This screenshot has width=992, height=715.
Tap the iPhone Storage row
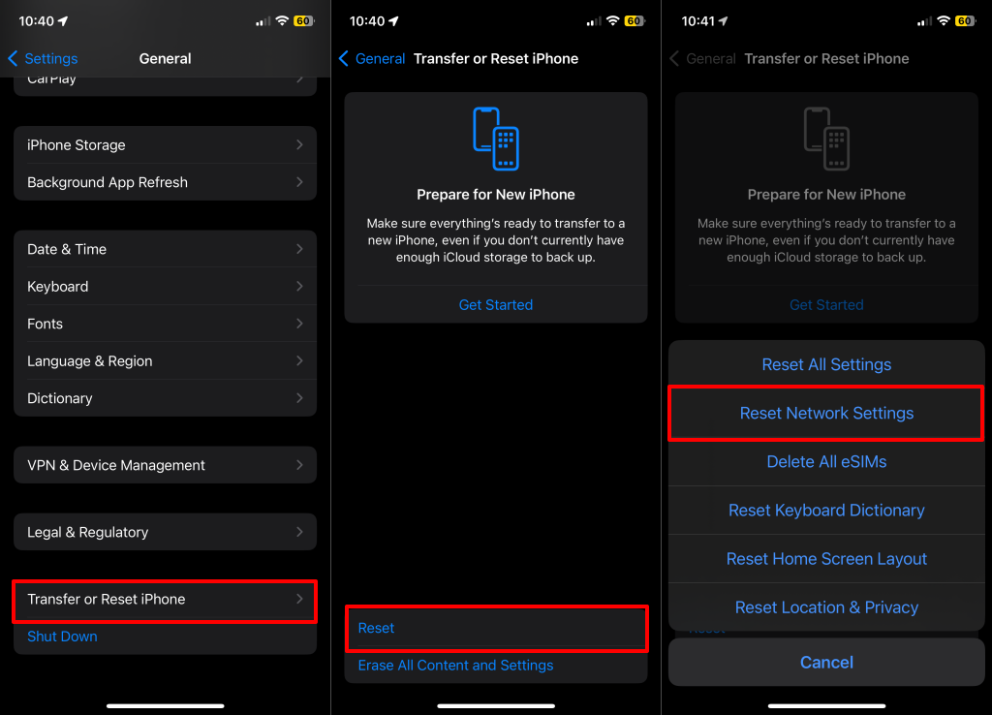(165, 145)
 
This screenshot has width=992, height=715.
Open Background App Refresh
(165, 182)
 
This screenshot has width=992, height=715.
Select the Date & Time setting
(165, 249)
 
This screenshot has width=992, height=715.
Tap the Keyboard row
(165, 287)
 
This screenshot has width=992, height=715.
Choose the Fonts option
(165, 324)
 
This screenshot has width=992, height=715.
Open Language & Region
(165, 361)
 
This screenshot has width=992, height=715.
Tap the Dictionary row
(165, 398)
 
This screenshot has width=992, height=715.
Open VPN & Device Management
(165, 465)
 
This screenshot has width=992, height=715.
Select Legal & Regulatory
(165, 532)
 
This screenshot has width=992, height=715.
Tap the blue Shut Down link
(62, 637)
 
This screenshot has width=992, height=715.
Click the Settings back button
(43, 59)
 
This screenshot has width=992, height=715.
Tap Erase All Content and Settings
(455, 666)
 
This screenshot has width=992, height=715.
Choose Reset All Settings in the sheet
(826, 364)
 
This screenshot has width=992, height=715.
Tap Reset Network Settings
(826, 413)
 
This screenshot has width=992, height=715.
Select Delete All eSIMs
(826, 462)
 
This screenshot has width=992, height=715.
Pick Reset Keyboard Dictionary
(826, 511)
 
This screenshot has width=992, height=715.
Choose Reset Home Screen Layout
(826, 559)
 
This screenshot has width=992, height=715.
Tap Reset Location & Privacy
(826, 607)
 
